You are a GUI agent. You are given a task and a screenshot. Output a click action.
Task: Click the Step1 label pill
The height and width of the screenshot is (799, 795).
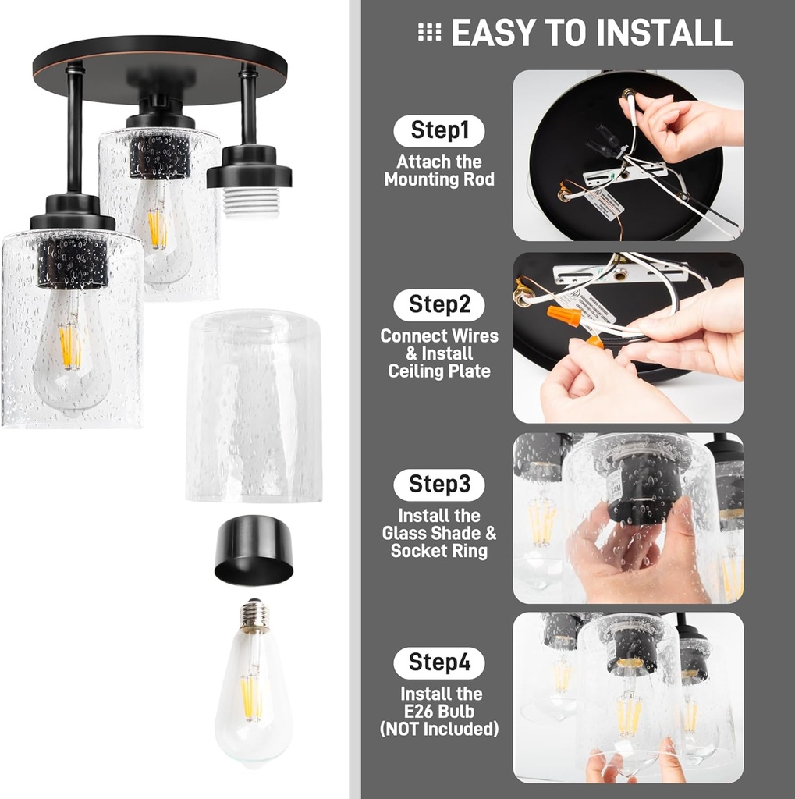439,131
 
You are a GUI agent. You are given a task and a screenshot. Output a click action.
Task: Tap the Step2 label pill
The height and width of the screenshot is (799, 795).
439,305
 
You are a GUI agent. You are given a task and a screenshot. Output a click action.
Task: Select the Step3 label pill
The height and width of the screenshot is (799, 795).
439,485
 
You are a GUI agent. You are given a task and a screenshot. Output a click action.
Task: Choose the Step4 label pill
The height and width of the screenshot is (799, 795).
439,663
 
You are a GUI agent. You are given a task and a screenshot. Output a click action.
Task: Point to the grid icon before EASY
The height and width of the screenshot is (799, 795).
429,32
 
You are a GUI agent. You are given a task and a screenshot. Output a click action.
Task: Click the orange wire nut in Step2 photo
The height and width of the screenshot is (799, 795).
563,316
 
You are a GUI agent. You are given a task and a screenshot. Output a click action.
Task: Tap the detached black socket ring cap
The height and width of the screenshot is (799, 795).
254,551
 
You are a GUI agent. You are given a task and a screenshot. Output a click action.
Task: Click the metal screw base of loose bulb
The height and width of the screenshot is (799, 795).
253,616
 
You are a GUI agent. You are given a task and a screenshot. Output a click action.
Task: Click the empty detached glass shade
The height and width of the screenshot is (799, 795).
254,406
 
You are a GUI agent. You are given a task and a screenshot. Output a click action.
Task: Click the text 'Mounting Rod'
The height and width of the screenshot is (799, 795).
439,179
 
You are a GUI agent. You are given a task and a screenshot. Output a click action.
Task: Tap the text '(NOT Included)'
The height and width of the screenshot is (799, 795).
439,730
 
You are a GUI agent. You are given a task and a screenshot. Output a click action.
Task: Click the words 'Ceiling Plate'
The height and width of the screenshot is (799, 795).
439,371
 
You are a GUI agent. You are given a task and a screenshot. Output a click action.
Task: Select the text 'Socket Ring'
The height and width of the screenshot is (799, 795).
439,551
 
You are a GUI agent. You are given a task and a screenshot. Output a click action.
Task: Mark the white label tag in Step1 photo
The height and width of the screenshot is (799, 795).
605,203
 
